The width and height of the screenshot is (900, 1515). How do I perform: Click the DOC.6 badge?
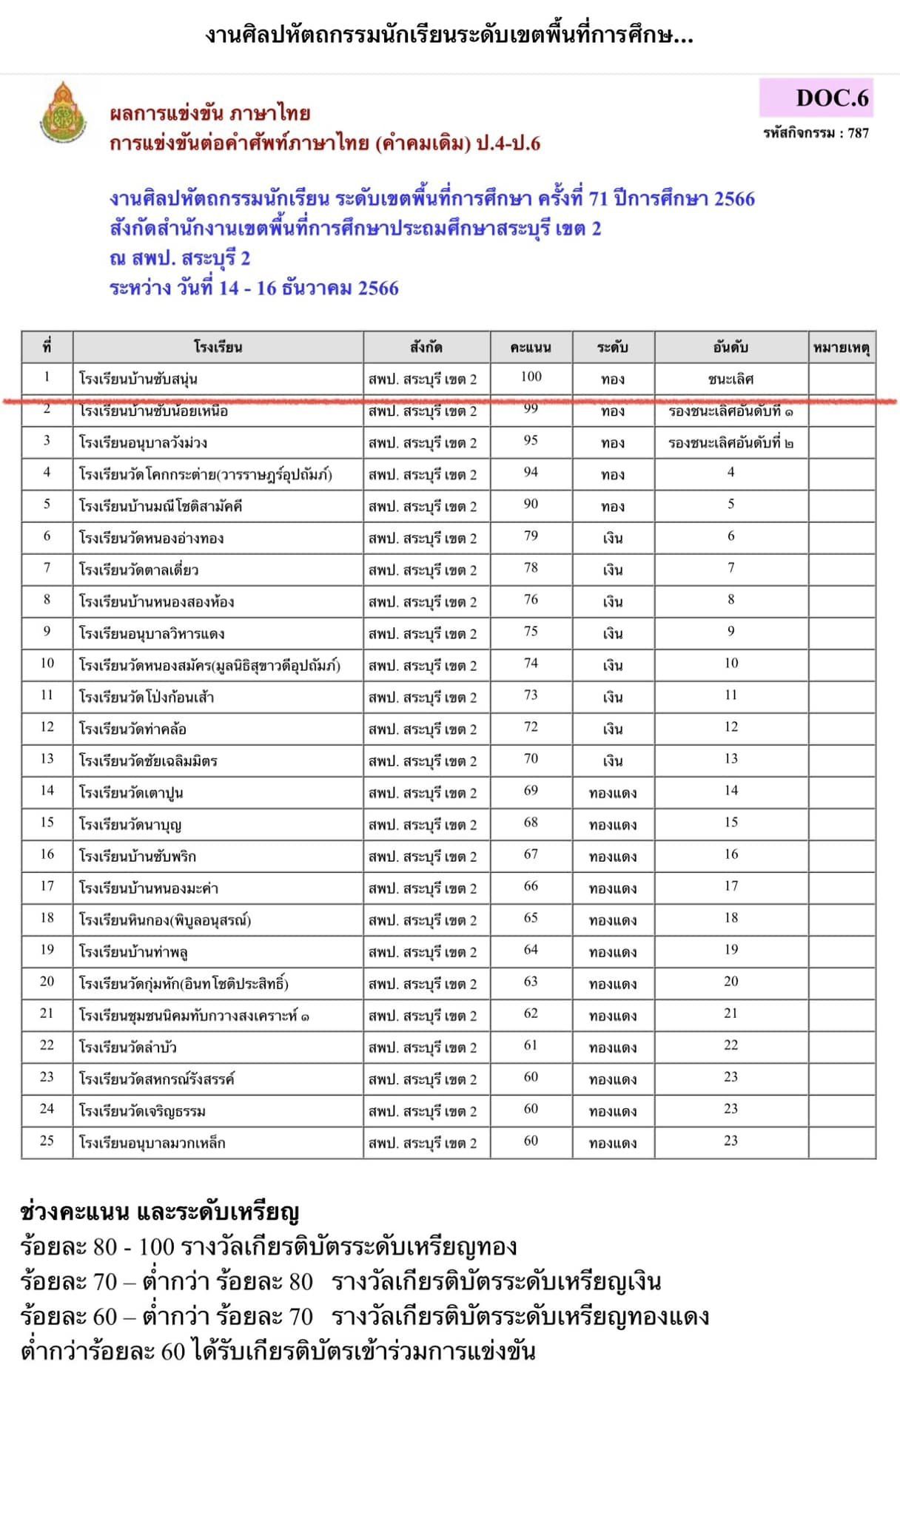(x=816, y=98)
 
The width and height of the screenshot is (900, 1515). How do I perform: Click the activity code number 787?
(x=859, y=133)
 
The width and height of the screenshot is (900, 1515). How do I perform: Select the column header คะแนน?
(x=531, y=347)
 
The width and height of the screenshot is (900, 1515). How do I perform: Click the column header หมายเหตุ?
(x=842, y=347)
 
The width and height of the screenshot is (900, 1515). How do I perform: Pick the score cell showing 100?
(x=531, y=377)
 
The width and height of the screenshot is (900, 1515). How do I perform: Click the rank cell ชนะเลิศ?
(x=731, y=379)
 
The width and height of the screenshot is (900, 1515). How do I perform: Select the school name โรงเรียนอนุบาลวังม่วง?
(x=143, y=443)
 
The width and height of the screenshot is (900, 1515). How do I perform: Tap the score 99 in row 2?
(x=531, y=409)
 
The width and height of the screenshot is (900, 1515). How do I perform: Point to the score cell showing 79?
(x=531, y=536)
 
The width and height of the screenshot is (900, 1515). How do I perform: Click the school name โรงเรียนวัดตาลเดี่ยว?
(x=138, y=570)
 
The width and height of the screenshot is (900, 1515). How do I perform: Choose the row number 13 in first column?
(x=47, y=758)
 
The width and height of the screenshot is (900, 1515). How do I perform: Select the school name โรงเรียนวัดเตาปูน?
(x=131, y=793)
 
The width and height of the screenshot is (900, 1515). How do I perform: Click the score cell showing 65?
(x=531, y=917)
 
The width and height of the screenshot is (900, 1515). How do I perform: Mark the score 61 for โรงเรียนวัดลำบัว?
(x=531, y=1045)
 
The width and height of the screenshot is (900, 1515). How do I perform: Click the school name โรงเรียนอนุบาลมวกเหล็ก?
(x=152, y=1143)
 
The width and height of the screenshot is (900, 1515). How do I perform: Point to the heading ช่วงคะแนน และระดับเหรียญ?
(x=159, y=1212)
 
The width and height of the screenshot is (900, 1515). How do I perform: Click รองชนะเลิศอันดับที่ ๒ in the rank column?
(x=731, y=443)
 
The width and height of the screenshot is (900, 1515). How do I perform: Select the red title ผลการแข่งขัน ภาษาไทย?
(x=209, y=114)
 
